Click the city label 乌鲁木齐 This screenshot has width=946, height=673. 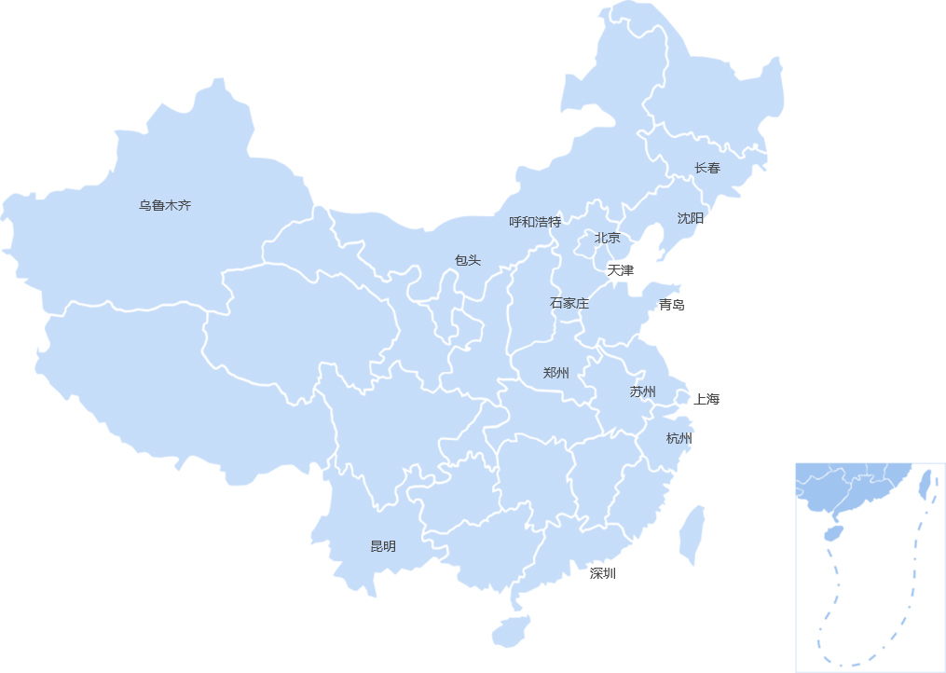[x=165, y=205]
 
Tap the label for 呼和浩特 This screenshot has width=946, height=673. [x=535, y=222]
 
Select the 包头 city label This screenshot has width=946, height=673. [x=468, y=260]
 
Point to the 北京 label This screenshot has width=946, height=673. [x=608, y=238]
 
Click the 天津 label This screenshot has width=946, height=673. [x=621, y=270]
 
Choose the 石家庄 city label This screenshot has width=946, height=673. [x=569, y=303]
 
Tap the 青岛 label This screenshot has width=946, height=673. [x=672, y=304]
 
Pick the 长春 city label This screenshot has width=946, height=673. [x=707, y=168]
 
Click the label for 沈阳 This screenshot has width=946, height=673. [x=691, y=218]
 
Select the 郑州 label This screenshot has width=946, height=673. [x=556, y=373]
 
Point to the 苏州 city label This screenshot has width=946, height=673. [x=643, y=391]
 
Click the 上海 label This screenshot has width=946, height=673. [x=707, y=399]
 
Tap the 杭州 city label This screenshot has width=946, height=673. [x=679, y=438]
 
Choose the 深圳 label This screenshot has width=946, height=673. [x=603, y=573]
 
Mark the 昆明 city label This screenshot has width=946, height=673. [x=383, y=546]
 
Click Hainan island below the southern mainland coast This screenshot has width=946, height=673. [x=510, y=631]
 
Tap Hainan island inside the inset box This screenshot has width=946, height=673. [x=833, y=534]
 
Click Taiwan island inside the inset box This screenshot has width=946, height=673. [x=925, y=483]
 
